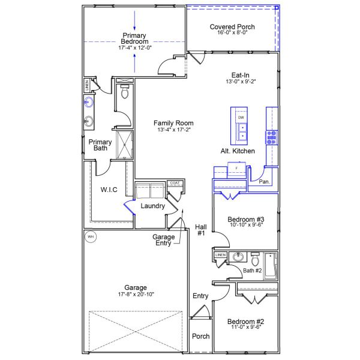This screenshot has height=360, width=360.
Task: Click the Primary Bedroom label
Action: [134, 38]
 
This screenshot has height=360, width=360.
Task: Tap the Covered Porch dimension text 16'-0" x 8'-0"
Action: [232, 33]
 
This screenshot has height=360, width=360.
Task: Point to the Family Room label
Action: [173, 123]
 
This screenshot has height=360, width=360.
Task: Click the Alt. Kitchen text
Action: [238, 151]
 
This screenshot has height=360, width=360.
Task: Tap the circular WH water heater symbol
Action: [91, 236]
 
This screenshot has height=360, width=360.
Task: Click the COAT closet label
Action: [175, 183]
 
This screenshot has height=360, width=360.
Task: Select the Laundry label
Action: [152, 206]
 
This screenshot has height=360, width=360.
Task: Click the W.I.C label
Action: [109, 190]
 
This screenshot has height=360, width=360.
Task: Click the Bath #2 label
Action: [252, 271]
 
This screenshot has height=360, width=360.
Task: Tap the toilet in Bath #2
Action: [256, 259]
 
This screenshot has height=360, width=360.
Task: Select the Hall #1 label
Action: [201, 230]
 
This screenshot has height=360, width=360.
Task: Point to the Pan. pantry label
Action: [263, 181]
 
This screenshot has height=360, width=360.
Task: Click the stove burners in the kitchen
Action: [272, 137]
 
